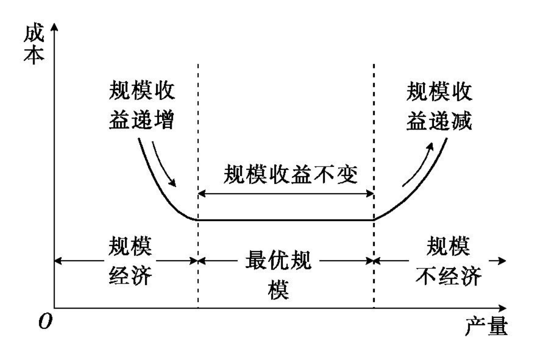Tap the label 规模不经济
click(x=448, y=262)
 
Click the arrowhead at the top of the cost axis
click(x=54, y=26)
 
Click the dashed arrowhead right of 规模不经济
click(x=502, y=260)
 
